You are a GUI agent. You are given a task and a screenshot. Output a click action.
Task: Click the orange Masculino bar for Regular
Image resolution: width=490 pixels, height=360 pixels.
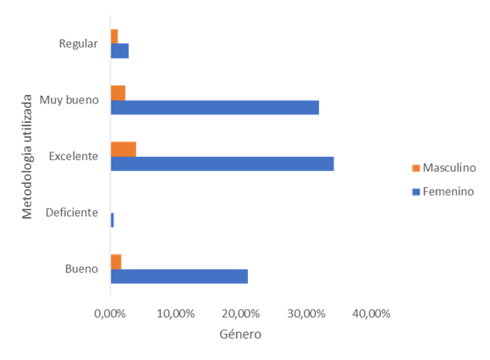pyautogui.click(x=114, y=36)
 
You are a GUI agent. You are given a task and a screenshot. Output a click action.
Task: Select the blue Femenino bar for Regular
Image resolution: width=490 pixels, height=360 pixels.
pyautogui.click(x=119, y=51)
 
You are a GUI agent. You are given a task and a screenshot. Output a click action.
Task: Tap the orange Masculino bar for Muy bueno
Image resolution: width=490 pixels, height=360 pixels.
pyautogui.click(x=118, y=93)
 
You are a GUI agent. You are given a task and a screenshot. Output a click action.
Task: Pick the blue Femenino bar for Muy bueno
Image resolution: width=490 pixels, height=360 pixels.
pyautogui.click(x=215, y=108)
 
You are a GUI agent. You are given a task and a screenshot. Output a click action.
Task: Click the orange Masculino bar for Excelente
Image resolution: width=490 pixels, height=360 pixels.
pyautogui.click(x=124, y=149)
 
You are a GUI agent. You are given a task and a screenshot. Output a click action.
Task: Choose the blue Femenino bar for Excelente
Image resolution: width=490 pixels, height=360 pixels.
pyautogui.click(x=223, y=163)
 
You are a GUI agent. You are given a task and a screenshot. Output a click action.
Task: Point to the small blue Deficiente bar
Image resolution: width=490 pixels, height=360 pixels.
pyautogui.click(x=113, y=220)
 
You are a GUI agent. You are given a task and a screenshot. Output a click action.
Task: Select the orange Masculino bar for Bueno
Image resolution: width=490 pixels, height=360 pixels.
pyautogui.click(x=116, y=262)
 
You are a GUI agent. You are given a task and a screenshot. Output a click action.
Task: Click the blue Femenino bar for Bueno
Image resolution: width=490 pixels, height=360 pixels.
pyautogui.click(x=179, y=276)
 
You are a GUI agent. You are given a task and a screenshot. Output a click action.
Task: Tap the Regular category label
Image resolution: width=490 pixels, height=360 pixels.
pyautogui.click(x=79, y=44)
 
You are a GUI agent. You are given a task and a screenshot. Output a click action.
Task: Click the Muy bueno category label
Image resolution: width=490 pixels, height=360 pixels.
pyautogui.click(x=69, y=100)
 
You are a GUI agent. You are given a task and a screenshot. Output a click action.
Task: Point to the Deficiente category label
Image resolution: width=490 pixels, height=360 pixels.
pyautogui.click(x=72, y=213)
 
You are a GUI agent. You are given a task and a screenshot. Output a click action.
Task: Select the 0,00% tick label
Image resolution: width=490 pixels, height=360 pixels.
pyautogui.click(x=110, y=313)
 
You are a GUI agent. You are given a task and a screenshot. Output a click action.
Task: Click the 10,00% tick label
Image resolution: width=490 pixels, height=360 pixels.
pyautogui.click(x=176, y=313)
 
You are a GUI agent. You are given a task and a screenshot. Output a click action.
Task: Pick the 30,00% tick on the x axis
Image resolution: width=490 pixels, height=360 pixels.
pyautogui.click(x=306, y=313)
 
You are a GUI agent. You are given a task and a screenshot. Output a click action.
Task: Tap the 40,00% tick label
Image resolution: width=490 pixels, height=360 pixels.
pyautogui.click(x=372, y=313)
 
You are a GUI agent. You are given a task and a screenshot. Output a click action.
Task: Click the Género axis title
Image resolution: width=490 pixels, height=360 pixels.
pyautogui.click(x=240, y=334)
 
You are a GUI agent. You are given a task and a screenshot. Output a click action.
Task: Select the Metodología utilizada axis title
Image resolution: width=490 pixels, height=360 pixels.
pyautogui.click(x=27, y=157)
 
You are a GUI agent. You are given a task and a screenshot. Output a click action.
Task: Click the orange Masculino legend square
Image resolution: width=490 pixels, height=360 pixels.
pyautogui.click(x=416, y=168)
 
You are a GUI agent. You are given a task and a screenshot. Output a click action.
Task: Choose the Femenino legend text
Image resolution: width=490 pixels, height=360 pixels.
pyautogui.click(x=449, y=191)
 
